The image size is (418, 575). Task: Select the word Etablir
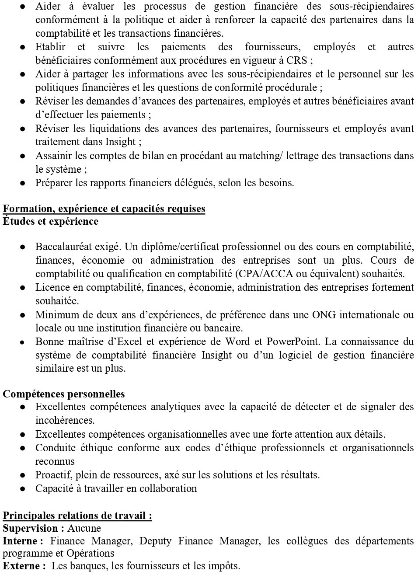point(50,47)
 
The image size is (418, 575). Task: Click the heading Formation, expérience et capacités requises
point(104,209)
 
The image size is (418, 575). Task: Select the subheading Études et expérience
point(51,221)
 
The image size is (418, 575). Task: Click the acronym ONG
point(324,314)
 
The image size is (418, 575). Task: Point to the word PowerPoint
point(293,342)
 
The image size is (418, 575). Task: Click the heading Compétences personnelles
point(64,394)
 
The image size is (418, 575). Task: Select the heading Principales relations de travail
point(77,516)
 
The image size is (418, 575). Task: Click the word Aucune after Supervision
point(84,528)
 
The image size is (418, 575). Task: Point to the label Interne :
point(23,541)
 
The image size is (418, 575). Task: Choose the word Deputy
point(155,541)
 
